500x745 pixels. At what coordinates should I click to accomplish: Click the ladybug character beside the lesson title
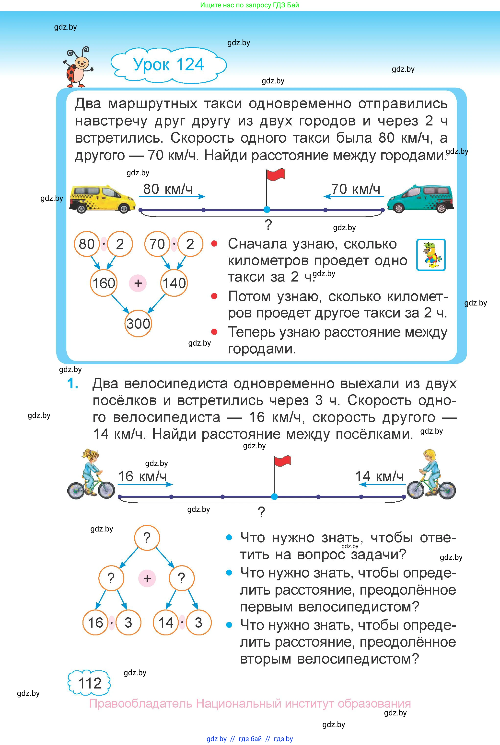(x=78, y=67)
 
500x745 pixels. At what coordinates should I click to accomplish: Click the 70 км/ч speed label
(x=356, y=189)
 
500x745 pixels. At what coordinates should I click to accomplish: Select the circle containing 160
(x=104, y=283)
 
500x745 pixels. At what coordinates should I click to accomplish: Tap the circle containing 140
(x=174, y=283)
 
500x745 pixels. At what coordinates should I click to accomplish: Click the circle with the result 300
(x=138, y=323)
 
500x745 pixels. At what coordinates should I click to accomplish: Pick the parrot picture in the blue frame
(x=431, y=255)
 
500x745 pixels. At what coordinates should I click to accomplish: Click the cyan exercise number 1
(x=73, y=383)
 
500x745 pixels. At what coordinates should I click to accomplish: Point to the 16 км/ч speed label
(x=142, y=476)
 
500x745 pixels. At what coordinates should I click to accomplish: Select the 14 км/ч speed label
(x=379, y=476)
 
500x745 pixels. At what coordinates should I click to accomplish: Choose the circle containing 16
(x=95, y=622)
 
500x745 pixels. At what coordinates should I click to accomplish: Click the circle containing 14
(x=166, y=622)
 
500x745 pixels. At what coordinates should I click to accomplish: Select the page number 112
(x=90, y=683)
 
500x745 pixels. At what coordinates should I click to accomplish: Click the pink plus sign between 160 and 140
(x=138, y=283)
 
